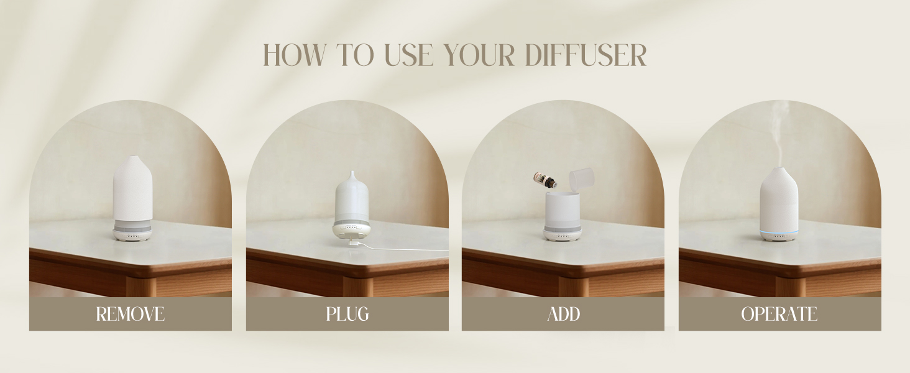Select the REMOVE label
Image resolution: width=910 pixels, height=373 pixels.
(x=131, y=314)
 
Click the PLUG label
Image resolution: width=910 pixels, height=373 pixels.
(x=347, y=314)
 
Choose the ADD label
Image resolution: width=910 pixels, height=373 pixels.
(x=564, y=314)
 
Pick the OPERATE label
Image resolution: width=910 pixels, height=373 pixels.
(x=779, y=314)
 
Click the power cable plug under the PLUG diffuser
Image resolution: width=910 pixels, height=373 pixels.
(x=352, y=243)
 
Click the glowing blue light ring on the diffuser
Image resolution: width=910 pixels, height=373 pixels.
(x=779, y=233)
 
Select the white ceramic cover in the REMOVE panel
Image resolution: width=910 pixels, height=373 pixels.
(x=133, y=188)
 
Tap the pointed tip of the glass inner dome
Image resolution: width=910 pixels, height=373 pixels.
(x=352, y=172)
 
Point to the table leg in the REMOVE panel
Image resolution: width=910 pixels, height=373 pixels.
(x=140, y=287)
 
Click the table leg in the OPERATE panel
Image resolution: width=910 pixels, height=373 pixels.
(x=790, y=287)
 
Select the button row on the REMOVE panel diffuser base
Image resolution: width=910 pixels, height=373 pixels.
(x=133, y=236)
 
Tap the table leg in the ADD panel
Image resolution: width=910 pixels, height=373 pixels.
(x=573, y=287)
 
